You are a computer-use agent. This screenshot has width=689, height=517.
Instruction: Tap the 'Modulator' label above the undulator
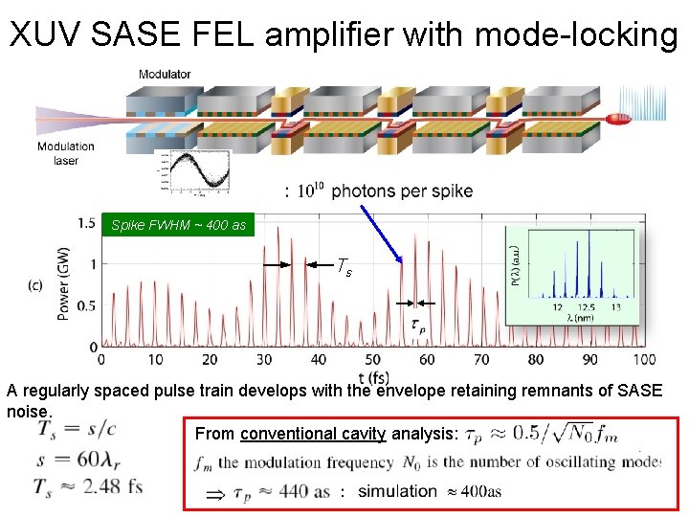(165, 75)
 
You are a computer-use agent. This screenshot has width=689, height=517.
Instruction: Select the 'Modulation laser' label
(66, 153)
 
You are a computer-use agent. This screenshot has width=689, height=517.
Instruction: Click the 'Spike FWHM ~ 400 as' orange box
(178, 226)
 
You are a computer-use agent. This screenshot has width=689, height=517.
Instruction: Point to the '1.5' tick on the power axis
(85, 223)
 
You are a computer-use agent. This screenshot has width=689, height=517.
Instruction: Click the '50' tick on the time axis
(372, 360)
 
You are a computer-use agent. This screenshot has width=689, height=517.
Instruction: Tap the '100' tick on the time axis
(644, 360)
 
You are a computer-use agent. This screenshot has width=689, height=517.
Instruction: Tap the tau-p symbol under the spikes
(418, 325)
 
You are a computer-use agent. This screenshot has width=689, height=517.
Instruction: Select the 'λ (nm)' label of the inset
(586, 321)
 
